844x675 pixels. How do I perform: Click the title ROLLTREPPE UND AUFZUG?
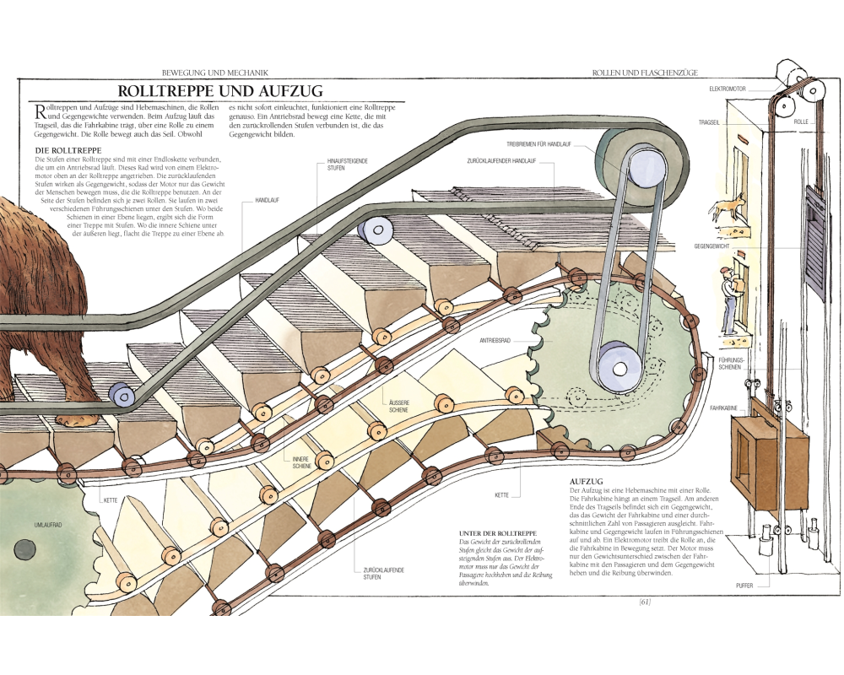click(219, 90)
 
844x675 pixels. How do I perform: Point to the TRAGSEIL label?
click(709, 122)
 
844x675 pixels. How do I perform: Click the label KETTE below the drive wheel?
click(501, 494)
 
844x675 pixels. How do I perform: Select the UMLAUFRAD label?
click(48, 525)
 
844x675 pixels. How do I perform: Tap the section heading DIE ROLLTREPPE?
click(61, 150)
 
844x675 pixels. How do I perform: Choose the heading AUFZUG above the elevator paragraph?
click(585, 480)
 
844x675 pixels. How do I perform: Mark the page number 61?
click(644, 602)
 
